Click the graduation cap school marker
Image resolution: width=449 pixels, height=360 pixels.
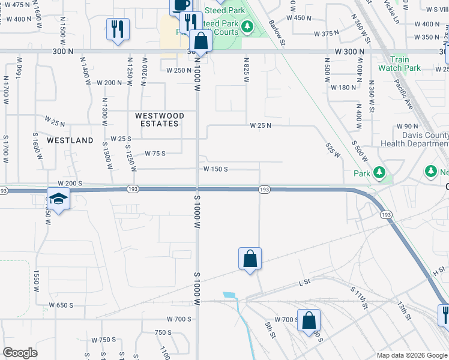58,199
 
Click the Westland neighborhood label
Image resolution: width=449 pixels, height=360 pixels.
70,140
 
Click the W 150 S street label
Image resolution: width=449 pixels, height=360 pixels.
215,169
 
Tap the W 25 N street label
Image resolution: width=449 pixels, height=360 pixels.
261,125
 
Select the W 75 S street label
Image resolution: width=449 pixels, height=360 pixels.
155,154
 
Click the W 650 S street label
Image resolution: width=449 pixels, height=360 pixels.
61,305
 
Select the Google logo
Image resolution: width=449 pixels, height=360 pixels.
20,353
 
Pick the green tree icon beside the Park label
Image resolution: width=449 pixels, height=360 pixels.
379,173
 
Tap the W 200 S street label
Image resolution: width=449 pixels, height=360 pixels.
70,182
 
